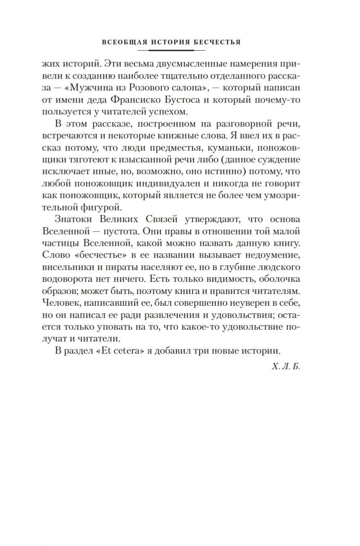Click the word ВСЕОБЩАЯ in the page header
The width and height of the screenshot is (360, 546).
(122, 42)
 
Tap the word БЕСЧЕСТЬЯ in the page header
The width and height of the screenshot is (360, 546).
(219, 42)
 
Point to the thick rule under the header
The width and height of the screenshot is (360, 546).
(171, 50)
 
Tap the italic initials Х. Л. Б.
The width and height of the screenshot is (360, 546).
(286, 367)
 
